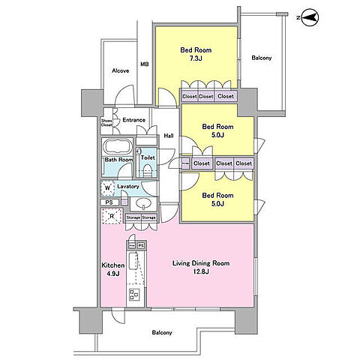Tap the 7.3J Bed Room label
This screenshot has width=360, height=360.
coord(196,54)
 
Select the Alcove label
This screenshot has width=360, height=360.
coord(121,70)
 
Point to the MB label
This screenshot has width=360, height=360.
coord(145,64)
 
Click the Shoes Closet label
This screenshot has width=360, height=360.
coord(106,122)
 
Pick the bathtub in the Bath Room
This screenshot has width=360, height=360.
coord(117,147)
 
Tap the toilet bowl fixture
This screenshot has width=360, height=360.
coord(147,170)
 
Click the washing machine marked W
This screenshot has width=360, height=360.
coord(108,188)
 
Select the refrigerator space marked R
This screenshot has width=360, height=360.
coord(112,216)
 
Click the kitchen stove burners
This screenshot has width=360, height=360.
coord(134,294)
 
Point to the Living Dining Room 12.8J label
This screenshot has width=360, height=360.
coord(201,267)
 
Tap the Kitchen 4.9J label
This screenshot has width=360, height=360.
coord(113,269)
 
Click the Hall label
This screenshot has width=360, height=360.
coord(169,136)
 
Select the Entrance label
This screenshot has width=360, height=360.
coord(134,120)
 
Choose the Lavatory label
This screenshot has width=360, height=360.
coord(128,187)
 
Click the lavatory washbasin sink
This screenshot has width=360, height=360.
coord(143,203)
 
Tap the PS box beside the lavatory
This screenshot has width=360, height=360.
coord(109,202)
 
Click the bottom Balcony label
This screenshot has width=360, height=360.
coord(162,332)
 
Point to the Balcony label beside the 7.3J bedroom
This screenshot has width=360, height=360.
coord(262,58)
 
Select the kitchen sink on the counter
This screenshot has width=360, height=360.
coord(133,261)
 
